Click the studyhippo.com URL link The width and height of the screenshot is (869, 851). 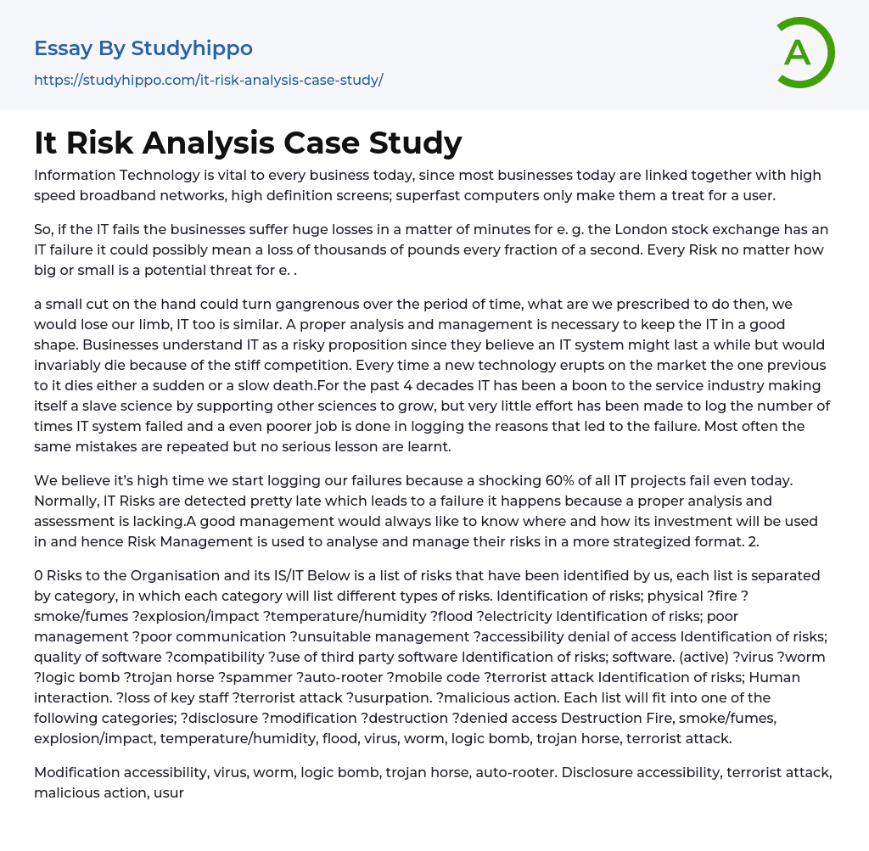[x=209, y=80]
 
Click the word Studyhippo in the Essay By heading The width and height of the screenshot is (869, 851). [x=192, y=48]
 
